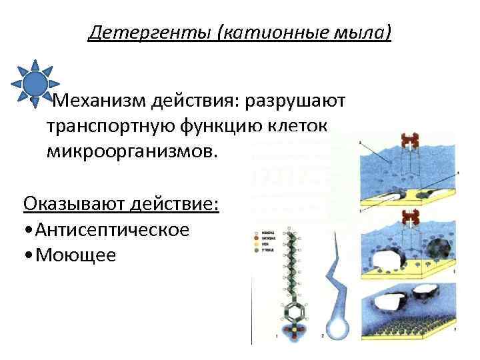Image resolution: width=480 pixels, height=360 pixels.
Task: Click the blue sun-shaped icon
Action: coord(35,83)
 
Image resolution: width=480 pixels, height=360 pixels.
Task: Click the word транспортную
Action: coord(111,126)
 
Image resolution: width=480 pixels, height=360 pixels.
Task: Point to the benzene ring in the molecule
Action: coord(291,309)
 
